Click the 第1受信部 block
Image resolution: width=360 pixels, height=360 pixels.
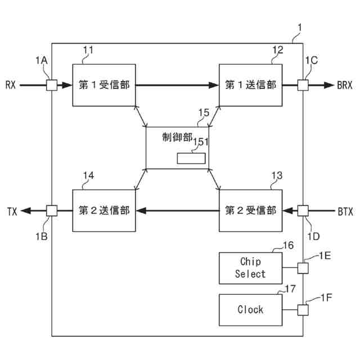[104, 85]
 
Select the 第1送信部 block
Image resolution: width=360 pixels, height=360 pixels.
[250, 85]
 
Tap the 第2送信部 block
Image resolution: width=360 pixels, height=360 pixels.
[104, 210]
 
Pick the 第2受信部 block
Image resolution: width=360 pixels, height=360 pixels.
[250, 210]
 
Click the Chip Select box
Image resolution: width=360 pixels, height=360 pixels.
[250, 268]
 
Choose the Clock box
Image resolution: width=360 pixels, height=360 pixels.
[250, 309]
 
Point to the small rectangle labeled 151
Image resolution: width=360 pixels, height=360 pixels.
[191, 159]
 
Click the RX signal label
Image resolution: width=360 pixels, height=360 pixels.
[11, 85]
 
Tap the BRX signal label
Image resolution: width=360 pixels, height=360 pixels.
[344, 85]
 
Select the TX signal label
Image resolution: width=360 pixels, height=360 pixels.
[12, 211]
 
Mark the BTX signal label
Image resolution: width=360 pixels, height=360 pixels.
[344, 211]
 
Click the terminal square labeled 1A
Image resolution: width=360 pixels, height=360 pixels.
[51, 85]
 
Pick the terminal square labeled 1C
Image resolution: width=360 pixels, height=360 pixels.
[303, 85]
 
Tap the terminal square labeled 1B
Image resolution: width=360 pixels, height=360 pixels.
[51, 210]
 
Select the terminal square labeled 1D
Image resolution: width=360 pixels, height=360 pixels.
[303, 210]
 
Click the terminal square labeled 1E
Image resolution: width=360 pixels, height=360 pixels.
[303, 268]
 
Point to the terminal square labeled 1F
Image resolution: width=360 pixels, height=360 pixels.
[303, 309]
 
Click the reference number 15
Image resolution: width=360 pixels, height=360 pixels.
[203, 113]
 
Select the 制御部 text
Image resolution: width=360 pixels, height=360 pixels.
[177, 137]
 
